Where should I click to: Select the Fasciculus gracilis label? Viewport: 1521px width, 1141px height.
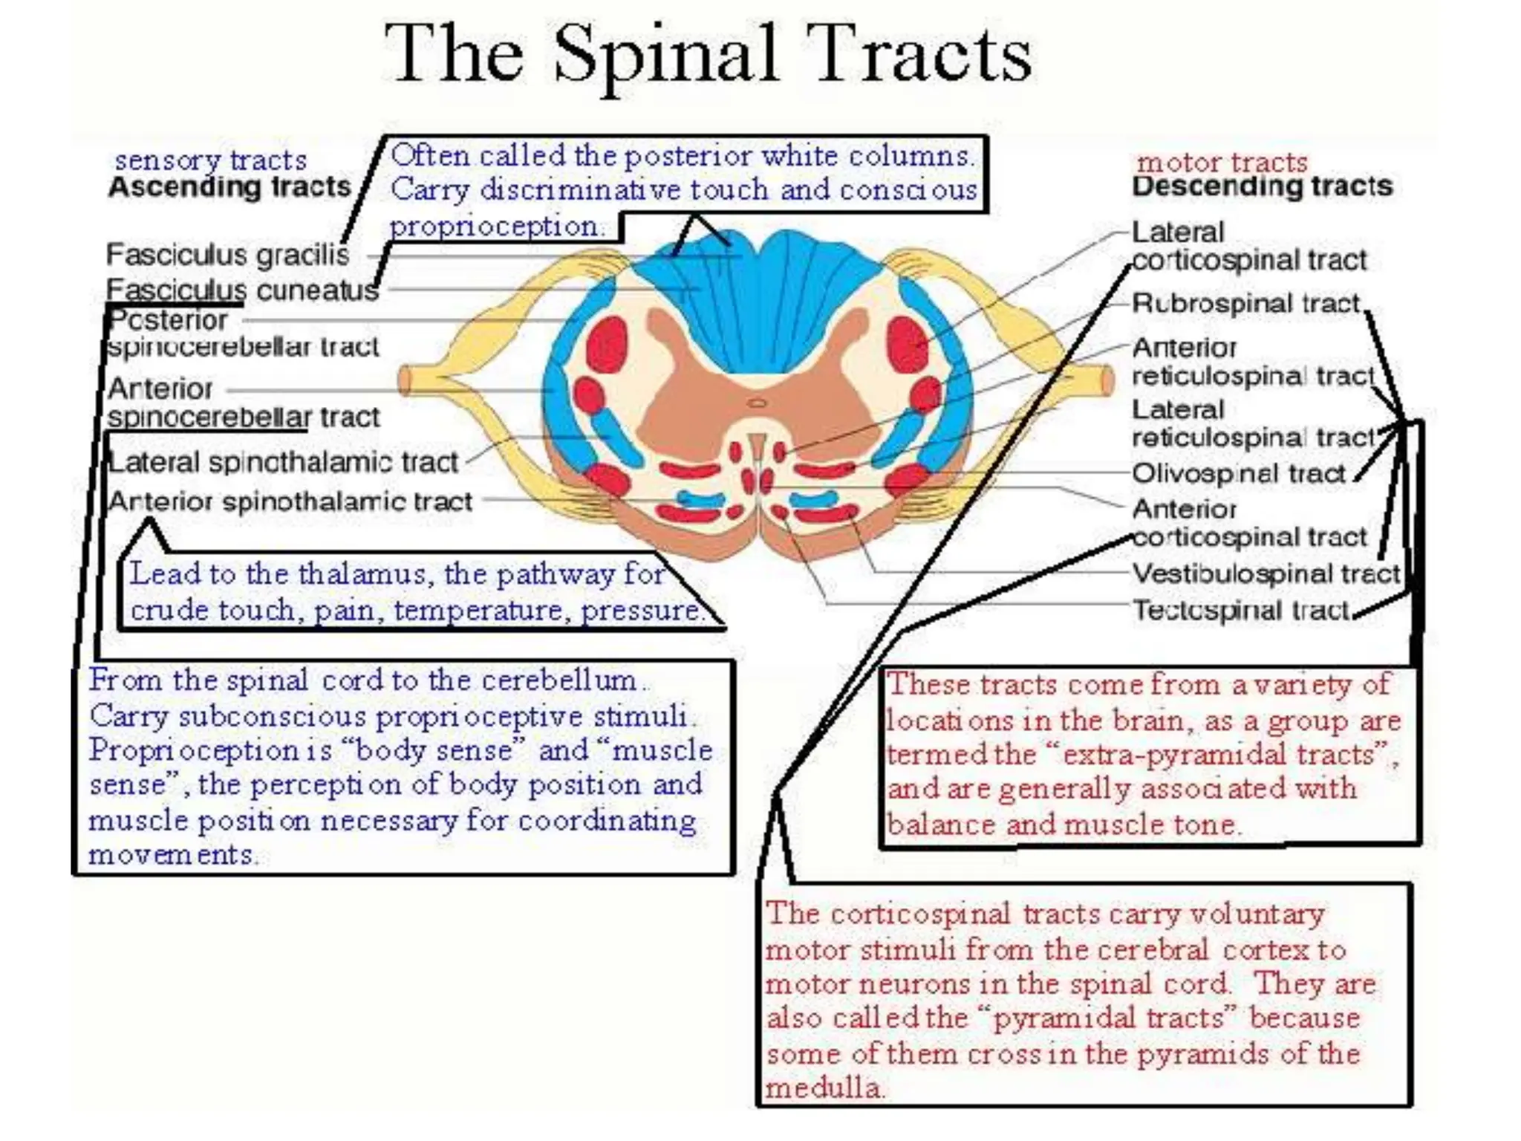[227, 255]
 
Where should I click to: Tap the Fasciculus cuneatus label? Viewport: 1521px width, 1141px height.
[242, 290]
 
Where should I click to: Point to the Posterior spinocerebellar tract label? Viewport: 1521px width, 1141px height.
[242, 334]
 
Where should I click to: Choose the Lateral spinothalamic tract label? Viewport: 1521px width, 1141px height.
[283, 462]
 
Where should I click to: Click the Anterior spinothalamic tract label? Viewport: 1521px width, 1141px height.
[290, 502]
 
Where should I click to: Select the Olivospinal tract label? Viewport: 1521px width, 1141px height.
[1238, 473]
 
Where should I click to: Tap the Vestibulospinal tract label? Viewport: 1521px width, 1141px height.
[1265, 573]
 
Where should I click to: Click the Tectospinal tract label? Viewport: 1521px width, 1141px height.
[1240, 610]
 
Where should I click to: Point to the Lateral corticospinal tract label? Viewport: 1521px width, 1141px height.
[1248, 247]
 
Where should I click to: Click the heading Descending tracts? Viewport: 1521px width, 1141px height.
[1262, 186]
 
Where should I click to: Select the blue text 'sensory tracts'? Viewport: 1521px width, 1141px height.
[210, 160]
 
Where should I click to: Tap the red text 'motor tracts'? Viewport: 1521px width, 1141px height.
[1222, 162]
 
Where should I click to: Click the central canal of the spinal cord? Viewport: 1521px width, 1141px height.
[757, 403]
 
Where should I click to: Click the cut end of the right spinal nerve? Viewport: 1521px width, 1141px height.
[1106, 380]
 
